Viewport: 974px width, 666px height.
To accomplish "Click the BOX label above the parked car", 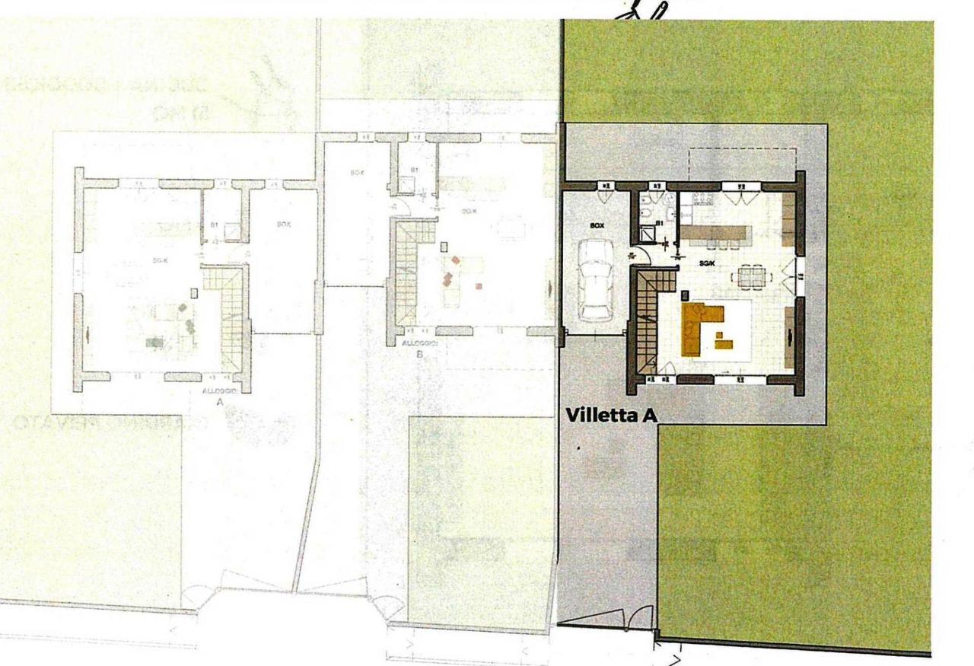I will [x=597, y=226].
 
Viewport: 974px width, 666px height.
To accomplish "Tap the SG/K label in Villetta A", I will [x=707, y=263].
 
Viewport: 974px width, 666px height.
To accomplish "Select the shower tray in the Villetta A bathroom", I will [x=646, y=234].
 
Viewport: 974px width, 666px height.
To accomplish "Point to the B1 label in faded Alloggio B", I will [x=415, y=169].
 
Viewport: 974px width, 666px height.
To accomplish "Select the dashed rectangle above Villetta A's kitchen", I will [x=742, y=164].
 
